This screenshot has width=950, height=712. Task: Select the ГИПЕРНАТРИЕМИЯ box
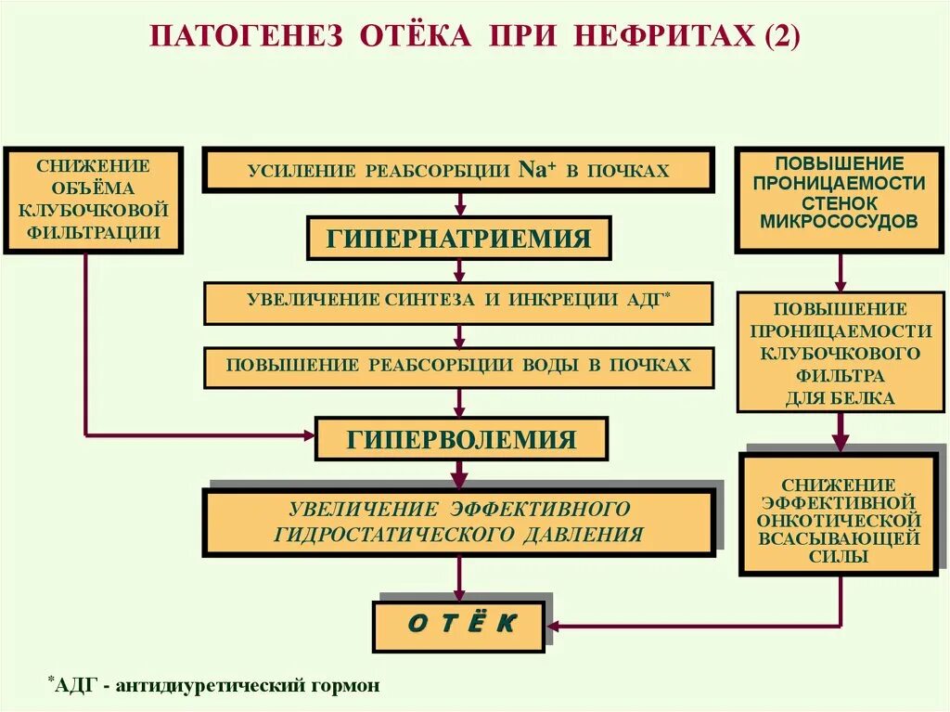(x=459, y=239)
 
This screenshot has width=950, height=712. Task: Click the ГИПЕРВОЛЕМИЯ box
(x=461, y=439)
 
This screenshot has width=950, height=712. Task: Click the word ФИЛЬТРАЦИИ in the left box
(x=94, y=232)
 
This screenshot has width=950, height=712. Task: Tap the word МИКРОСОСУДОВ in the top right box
(x=839, y=221)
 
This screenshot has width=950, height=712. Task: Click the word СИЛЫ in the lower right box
(x=838, y=557)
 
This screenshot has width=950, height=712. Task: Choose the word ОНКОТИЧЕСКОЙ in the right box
(x=838, y=521)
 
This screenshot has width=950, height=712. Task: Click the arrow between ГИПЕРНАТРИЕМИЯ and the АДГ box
(x=459, y=271)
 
